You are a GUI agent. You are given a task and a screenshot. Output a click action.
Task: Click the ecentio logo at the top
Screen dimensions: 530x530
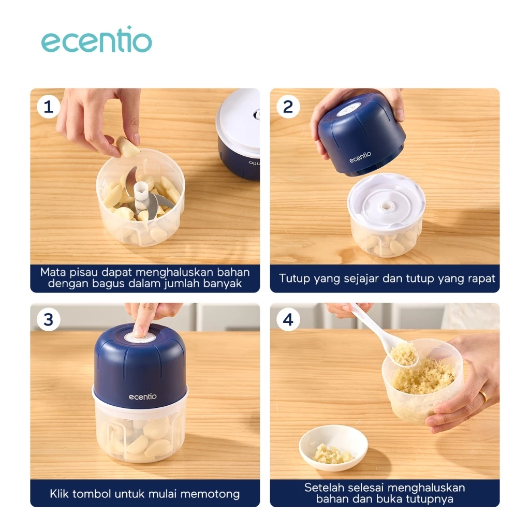point(96,41)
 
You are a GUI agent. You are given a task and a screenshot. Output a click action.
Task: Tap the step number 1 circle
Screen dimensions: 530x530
point(48,107)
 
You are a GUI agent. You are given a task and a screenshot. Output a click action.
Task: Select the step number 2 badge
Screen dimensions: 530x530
point(288,107)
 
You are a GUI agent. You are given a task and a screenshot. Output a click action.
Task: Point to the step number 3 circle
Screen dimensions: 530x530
point(48,319)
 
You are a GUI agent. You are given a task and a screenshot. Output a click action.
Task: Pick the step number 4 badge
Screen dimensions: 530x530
point(288,319)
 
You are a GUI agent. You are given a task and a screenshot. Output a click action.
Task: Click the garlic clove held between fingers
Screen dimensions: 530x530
point(127,146)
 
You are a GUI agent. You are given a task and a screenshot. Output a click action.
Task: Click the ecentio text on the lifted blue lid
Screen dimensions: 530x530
point(360,157)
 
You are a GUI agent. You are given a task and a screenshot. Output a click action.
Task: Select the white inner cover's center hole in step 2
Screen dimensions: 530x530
point(385,205)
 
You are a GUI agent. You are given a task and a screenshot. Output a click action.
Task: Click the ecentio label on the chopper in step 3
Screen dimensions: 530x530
point(142,396)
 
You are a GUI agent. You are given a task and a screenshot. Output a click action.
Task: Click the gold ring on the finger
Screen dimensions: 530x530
point(483,397)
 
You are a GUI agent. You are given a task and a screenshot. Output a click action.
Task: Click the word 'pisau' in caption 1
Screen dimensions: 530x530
point(81,272)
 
